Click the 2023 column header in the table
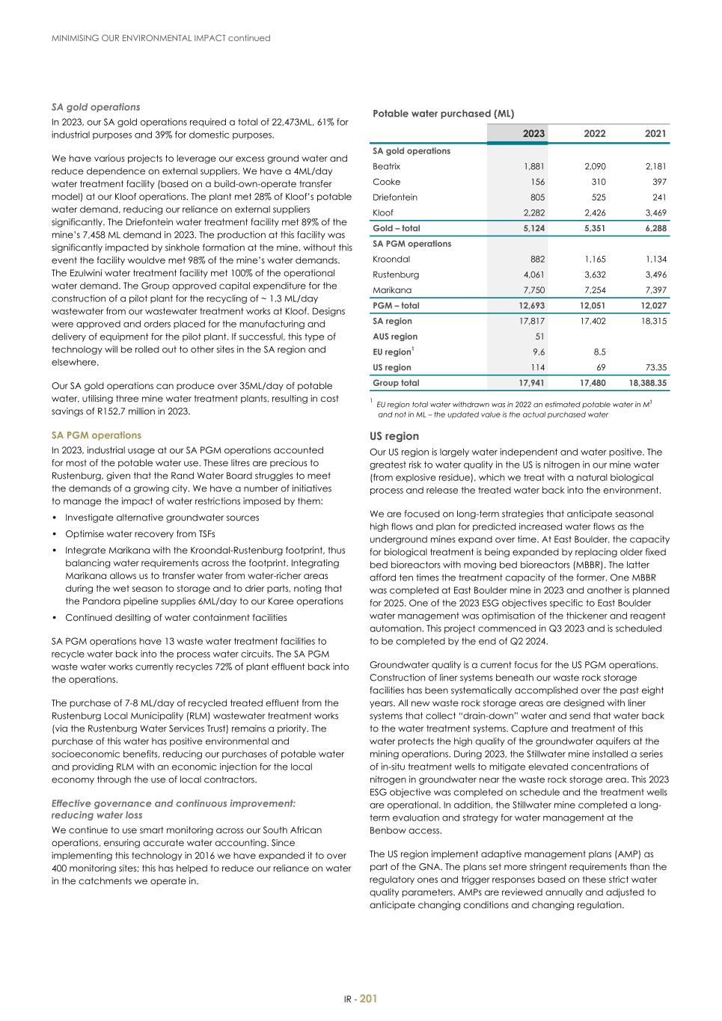coord(533,134)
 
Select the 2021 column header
coord(655,134)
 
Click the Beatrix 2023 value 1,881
coord(533,167)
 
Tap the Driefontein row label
coord(395,197)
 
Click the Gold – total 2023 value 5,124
coord(531,229)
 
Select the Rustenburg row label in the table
coord(396,275)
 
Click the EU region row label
coord(393,352)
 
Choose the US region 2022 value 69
coord(599,367)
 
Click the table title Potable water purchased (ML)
coord(443,114)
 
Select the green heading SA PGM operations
coord(96,435)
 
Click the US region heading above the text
coord(394,436)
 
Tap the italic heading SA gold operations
coord(95,107)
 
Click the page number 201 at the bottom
coord(368,999)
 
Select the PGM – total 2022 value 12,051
coord(593,306)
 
